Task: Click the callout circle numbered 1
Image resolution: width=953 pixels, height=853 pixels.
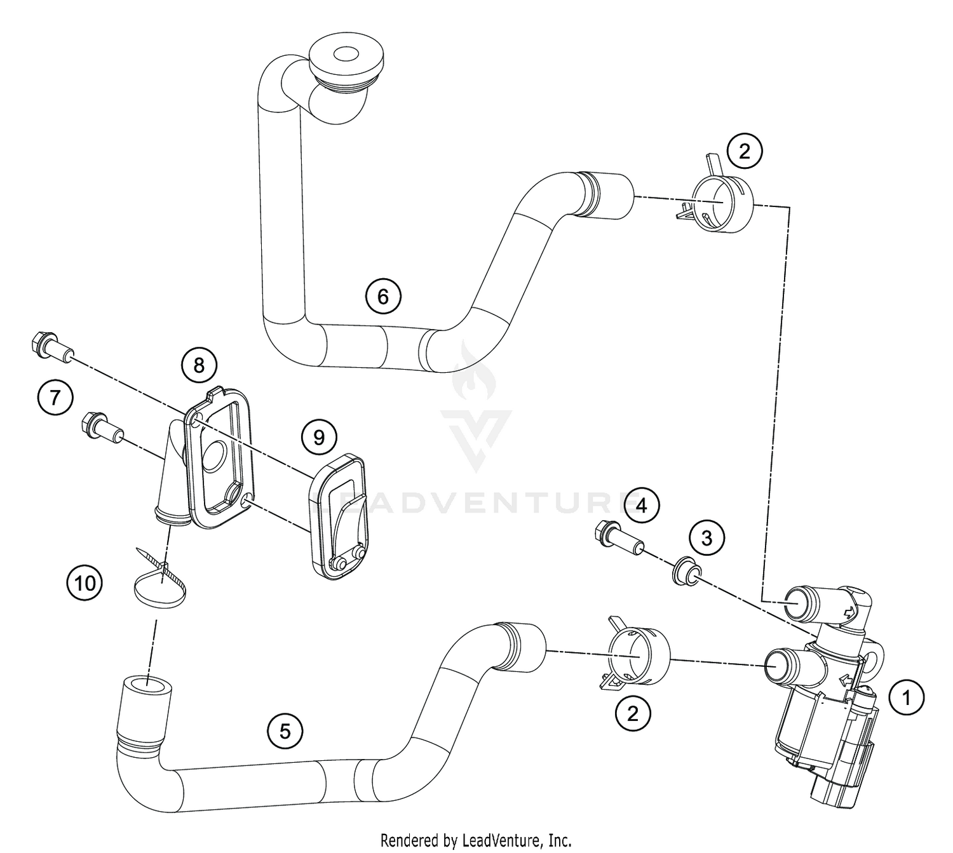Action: [907, 698]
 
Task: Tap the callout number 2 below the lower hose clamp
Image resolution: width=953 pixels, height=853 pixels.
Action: [632, 714]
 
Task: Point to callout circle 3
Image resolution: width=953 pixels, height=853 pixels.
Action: [706, 538]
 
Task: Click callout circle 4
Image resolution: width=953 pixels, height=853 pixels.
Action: [642, 506]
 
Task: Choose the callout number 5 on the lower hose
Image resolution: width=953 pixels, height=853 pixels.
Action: [285, 731]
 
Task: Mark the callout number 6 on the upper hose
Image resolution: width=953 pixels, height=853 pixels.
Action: [383, 296]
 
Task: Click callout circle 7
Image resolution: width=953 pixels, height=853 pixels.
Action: [55, 398]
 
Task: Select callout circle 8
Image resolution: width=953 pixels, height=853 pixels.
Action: [199, 365]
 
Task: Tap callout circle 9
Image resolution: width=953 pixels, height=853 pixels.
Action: [319, 437]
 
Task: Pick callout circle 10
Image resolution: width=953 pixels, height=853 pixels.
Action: [84, 582]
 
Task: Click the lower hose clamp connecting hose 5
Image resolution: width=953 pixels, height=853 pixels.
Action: [639, 658]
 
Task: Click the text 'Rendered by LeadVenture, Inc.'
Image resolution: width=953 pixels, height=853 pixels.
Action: [476, 840]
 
